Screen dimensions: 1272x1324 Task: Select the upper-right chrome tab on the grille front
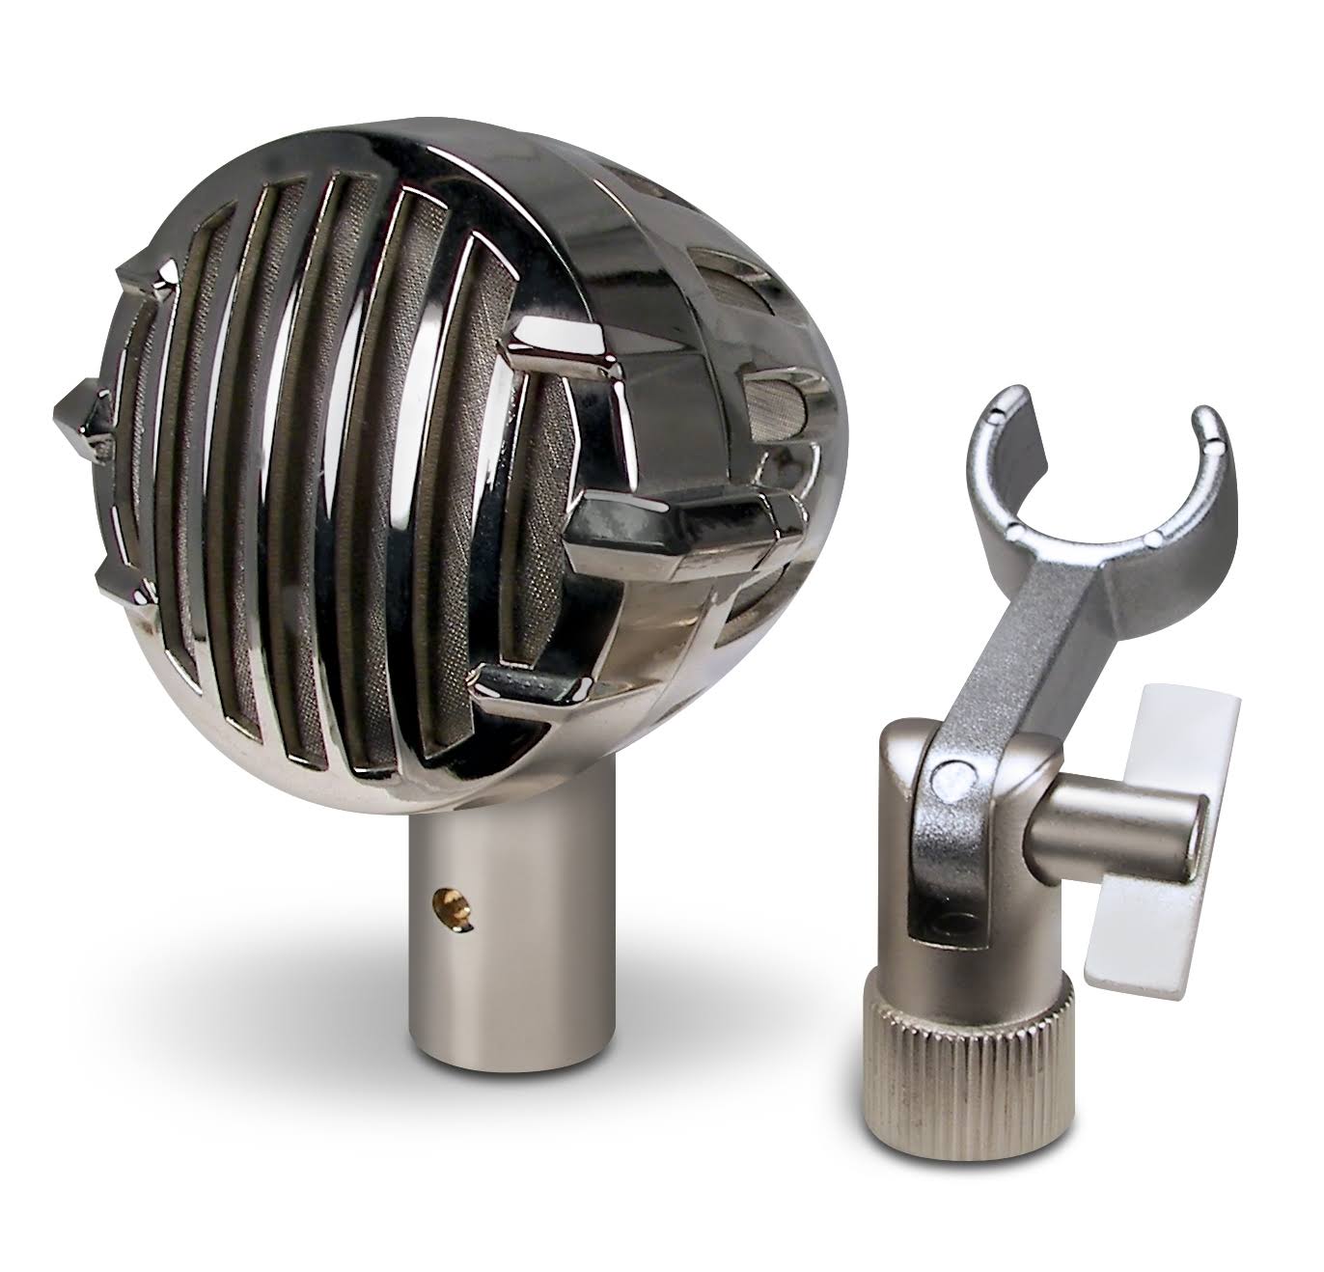point(560,353)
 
